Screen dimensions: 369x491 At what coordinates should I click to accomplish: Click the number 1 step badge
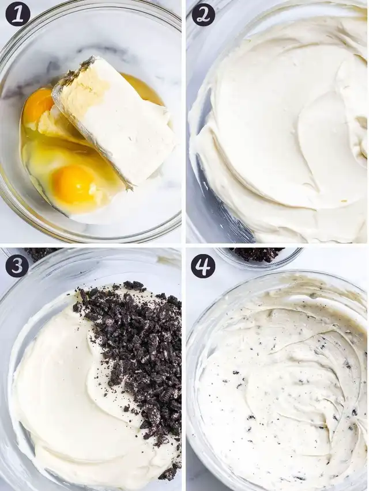(x=18, y=14)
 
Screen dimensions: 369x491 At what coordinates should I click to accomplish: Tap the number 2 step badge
(x=204, y=14)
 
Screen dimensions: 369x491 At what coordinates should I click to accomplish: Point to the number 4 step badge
(x=203, y=266)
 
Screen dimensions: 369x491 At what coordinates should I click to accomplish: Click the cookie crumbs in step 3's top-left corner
(x=41, y=253)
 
